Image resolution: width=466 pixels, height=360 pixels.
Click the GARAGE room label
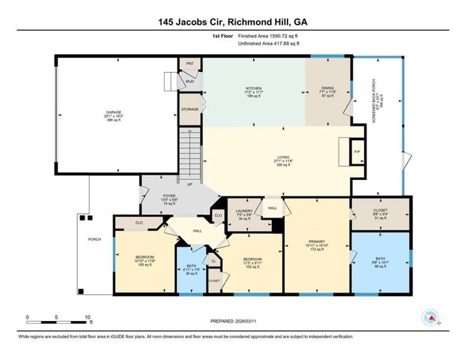[x=113, y=112]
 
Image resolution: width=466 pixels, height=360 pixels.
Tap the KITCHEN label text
[x=254, y=88]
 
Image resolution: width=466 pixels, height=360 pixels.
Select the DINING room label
[x=328, y=88]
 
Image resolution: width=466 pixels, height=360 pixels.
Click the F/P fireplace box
[x=357, y=150]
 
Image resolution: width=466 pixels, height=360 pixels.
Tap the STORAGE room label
[x=190, y=109]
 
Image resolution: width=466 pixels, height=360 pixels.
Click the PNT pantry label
[x=190, y=64]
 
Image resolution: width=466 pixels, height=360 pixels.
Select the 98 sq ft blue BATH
[x=381, y=259]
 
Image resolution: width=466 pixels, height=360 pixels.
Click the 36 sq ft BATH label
[x=191, y=266]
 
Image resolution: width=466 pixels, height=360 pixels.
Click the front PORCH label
[x=94, y=240]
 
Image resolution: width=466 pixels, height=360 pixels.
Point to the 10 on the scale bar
[x=88, y=317]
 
